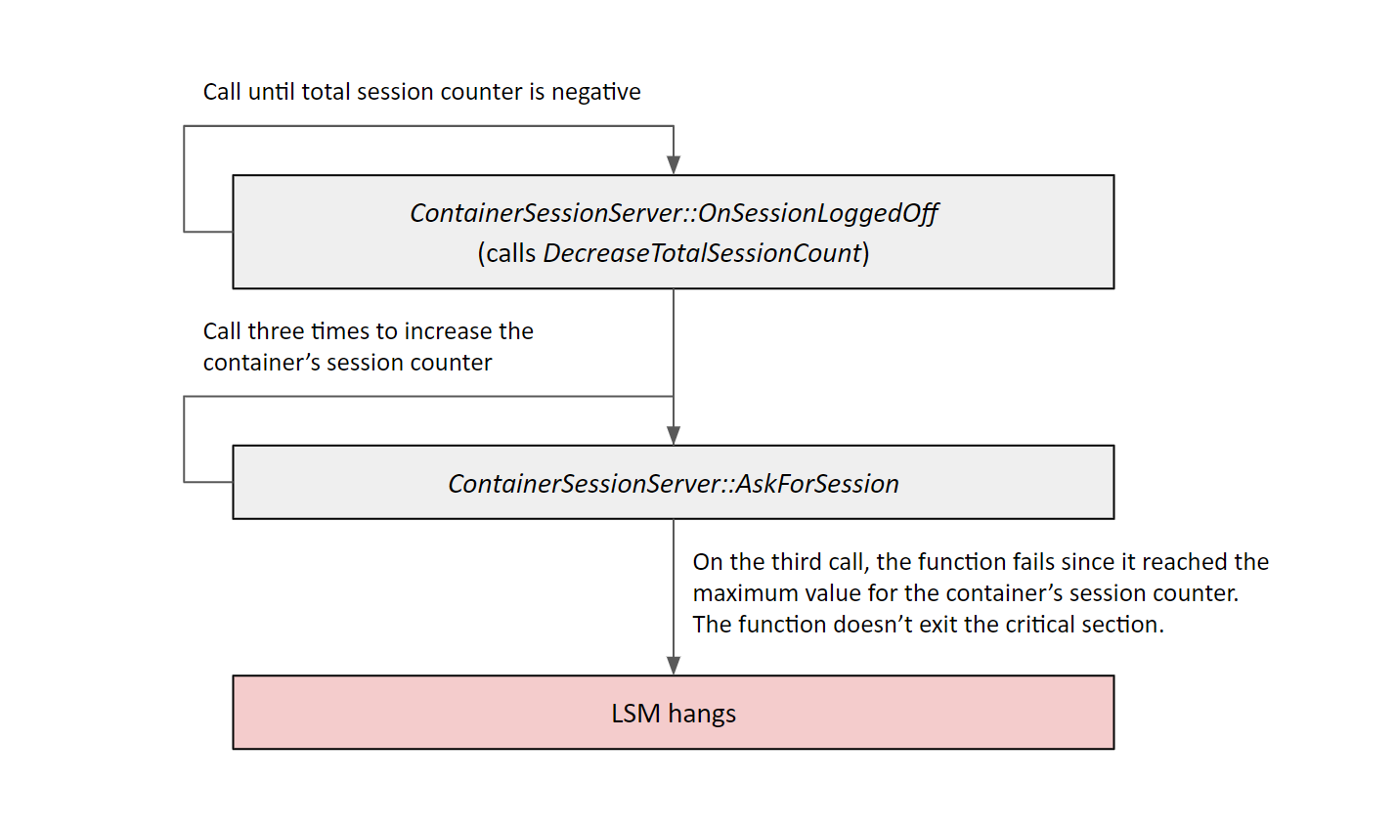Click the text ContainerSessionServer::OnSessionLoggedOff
(674, 213)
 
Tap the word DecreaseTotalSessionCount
(702, 253)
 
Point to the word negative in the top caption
(596, 92)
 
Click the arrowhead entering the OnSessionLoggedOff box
(674, 164)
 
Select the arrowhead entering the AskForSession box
(674, 435)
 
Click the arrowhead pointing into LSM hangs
(674, 665)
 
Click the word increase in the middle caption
(450, 331)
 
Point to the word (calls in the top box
(506, 253)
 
